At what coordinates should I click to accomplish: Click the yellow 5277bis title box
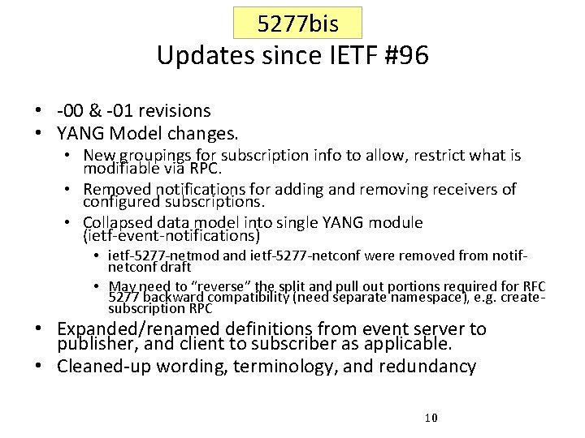297,24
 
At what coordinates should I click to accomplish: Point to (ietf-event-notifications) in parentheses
171,236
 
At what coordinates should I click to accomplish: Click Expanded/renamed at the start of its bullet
141,329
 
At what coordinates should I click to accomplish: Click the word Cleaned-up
102,366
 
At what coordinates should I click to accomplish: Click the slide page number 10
431,418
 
